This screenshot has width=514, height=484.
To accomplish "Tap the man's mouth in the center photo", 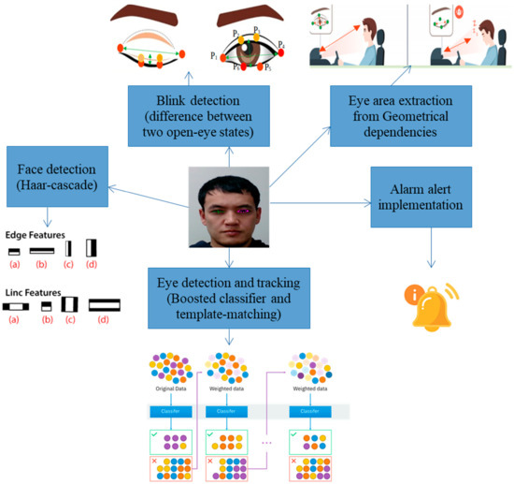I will [x=229, y=223].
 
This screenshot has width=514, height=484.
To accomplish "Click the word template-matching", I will [x=229, y=317].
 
